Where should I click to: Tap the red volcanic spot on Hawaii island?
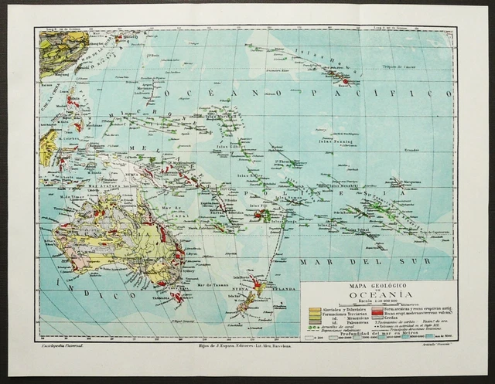point(345,80)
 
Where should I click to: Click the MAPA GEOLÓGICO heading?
point(377,285)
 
